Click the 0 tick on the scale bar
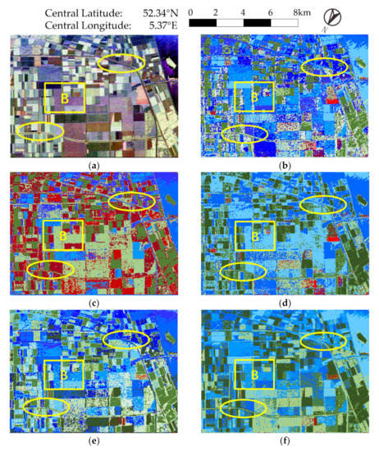(190, 12)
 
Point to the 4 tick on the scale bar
(244, 12)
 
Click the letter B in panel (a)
(64, 98)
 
